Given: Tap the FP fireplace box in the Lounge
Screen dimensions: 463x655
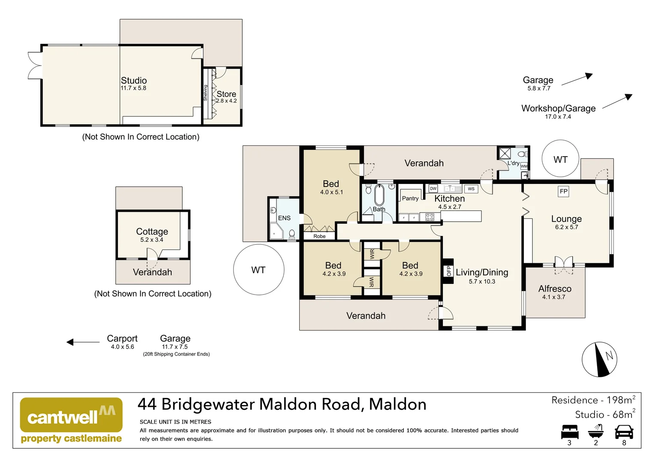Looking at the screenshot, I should pos(563,192).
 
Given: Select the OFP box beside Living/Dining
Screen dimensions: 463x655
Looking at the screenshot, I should pos(448,271).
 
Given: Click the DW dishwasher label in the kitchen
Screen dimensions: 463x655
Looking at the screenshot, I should pos(433,189).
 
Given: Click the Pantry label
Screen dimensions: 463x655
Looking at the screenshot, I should pos(410,198).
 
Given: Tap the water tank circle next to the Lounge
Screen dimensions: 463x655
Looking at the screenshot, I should pos(560,159).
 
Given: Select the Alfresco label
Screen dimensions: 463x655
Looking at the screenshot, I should pos(555,289).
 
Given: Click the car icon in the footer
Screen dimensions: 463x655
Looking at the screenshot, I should pos(624,432).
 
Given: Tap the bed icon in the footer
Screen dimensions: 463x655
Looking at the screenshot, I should pos(570,432).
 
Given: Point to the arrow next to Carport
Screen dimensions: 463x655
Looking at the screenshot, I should pos(83,342).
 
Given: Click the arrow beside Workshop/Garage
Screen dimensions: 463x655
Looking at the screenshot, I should pos(617,102).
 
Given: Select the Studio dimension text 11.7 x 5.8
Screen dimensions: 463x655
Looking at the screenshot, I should pos(133,88).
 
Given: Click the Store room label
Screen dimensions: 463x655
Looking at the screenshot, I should pos(226,94).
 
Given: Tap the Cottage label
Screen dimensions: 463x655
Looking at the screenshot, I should pos(152,231).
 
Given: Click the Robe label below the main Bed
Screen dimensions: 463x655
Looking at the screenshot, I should pos(319,236).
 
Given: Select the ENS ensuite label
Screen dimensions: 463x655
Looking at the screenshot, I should pos(284,218).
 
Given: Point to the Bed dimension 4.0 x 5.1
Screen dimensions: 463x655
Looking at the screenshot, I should pos(331,192).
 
